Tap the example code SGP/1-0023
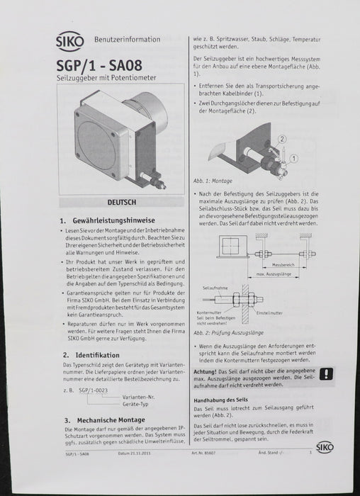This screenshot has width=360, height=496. pos(93,390)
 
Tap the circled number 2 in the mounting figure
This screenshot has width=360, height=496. pos(283,139)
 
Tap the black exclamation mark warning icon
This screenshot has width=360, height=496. pos(327,375)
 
